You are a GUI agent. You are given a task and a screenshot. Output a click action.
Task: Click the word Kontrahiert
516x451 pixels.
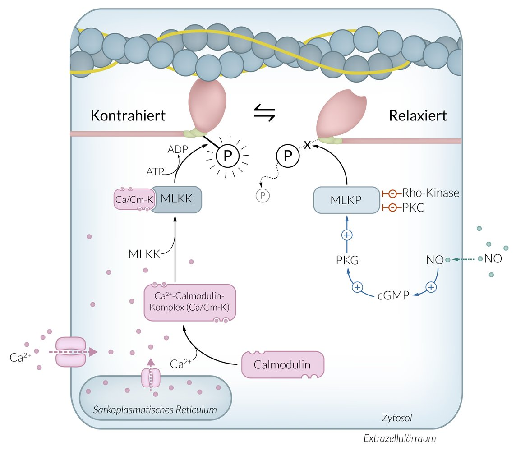coord(129,115)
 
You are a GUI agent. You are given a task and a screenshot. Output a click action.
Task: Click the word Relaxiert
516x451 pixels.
coord(418,115)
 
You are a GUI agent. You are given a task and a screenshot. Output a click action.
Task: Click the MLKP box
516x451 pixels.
coord(346,200)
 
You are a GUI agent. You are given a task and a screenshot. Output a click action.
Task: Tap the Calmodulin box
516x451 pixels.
coord(283,364)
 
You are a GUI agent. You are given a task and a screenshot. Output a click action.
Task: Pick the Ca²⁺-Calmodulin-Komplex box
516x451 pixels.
coord(190,302)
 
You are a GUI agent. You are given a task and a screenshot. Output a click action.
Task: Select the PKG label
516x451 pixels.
coord(347,261)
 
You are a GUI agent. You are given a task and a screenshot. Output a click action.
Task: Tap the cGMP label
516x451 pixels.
coord(393,296)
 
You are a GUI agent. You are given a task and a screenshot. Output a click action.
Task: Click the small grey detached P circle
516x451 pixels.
coord(262,196)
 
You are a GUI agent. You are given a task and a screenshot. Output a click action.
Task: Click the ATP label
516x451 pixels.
coord(155,171)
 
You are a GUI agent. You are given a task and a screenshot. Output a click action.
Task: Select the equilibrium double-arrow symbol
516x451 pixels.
coord(264,112)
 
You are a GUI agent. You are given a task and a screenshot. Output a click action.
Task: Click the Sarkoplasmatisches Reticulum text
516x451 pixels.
coord(155,410)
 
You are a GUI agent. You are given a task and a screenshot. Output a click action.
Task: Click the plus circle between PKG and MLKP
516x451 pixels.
coord(347,235)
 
